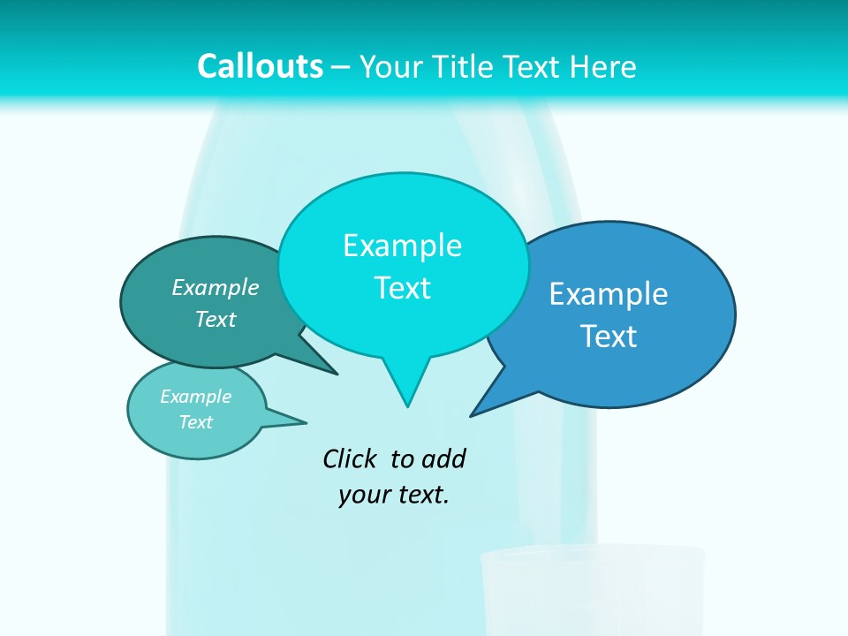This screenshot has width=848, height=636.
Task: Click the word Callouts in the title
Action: click(261, 66)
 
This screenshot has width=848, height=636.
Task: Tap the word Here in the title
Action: click(602, 66)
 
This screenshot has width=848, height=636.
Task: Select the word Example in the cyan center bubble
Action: click(402, 246)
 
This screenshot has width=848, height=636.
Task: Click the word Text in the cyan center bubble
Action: click(402, 288)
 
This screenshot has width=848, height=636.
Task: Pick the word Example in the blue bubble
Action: click(609, 294)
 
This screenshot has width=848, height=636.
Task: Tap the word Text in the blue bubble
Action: click(609, 337)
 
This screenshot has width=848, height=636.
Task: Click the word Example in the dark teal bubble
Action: click(215, 287)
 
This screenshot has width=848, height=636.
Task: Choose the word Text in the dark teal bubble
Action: click(215, 319)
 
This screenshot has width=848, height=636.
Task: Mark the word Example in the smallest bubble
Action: click(195, 397)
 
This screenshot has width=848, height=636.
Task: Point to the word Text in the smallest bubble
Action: click(195, 422)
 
